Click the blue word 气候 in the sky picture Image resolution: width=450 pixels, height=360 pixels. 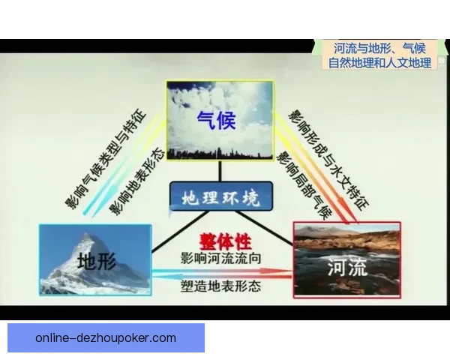pyautogui.click(x=216, y=120)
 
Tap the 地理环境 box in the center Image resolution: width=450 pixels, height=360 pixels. pyautogui.click(x=220, y=198)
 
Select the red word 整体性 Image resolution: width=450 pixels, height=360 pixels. pyautogui.click(x=224, y=241)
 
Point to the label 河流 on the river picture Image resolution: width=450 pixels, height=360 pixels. pyautogui.click(x=348, y=265)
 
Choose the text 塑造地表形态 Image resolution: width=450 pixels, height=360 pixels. pyautogui.click(x=224, y=286)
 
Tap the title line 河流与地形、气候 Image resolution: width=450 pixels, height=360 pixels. pyautogui.click(x=379, y=48)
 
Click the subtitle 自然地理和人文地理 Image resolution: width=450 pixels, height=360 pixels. pyautogui.click(x=379, y=63)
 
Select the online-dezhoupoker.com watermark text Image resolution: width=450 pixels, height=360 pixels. pyautogui.click(x=106, y=337)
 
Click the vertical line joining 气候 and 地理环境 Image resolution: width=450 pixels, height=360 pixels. pyautogui.click(x=220, y=172)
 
